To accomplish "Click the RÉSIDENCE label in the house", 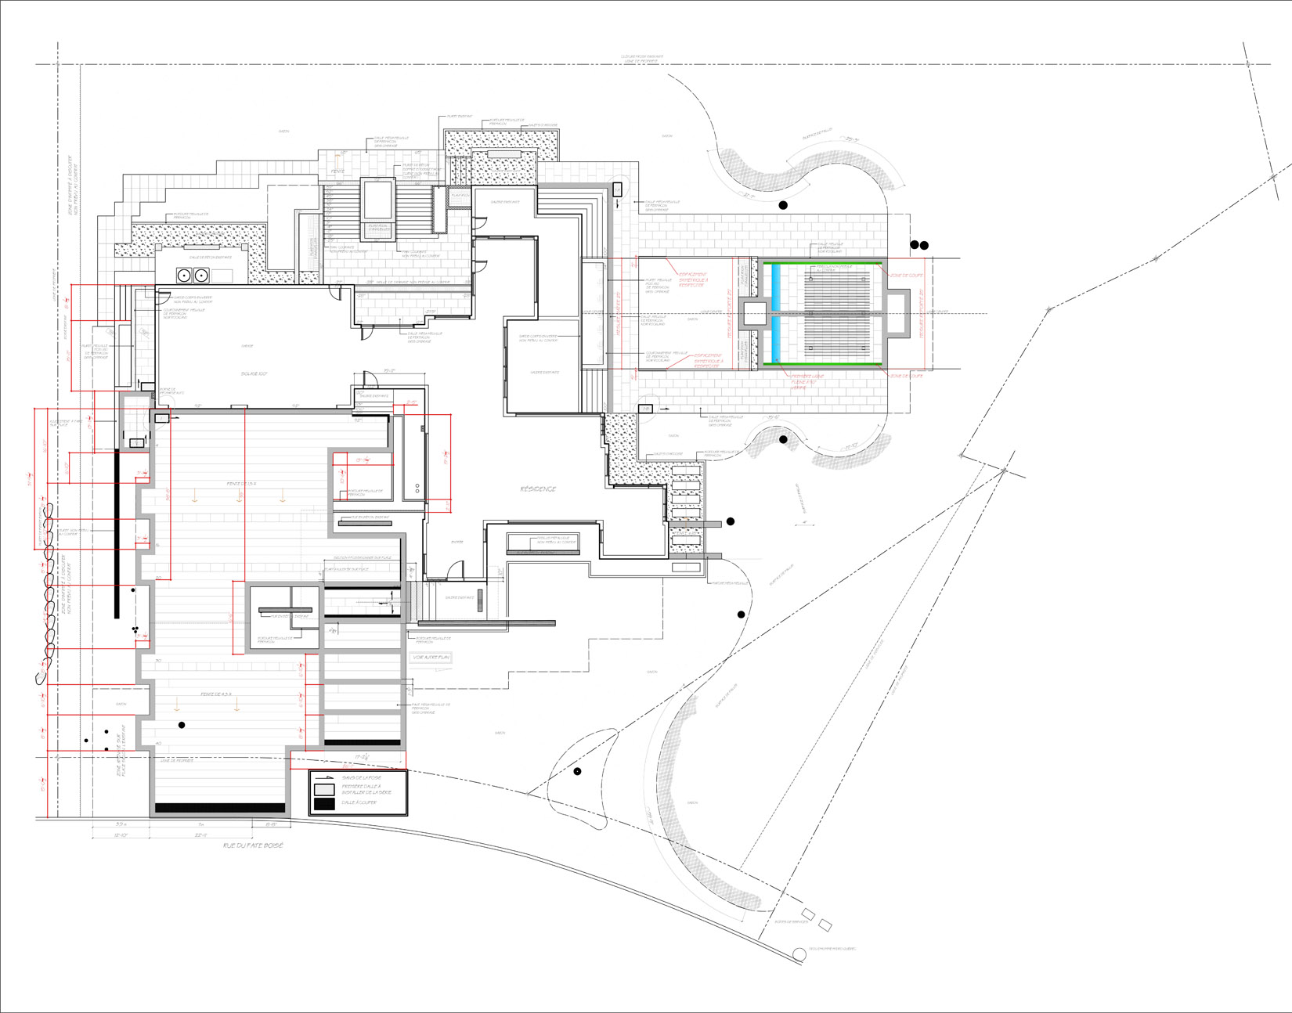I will click(539, 489).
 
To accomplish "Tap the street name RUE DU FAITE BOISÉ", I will click(252, 845).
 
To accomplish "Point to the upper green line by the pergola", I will click(822, 263).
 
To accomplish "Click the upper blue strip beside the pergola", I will click(776, 288).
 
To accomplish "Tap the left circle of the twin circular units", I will click(185, 275).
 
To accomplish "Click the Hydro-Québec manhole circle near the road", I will click(799, 954).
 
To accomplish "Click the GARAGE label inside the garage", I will click(247, 346).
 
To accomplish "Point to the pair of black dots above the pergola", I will click(919, 246).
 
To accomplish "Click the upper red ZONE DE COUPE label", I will click(906, 275).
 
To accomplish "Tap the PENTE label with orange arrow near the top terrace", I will click(337, 171).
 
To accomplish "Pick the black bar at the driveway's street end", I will click(220, 808).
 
